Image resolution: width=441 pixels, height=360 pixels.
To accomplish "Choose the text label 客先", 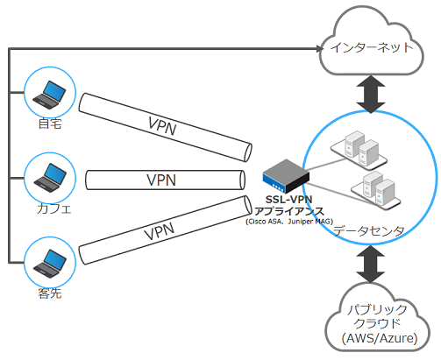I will [x=49, y=293].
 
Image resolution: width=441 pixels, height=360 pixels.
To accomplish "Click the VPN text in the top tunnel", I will [x=162, y=128].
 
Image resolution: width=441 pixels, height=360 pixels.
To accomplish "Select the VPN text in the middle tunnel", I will [x=161, y=180].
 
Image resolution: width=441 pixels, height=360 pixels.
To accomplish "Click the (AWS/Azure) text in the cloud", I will [x=379, y=337].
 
